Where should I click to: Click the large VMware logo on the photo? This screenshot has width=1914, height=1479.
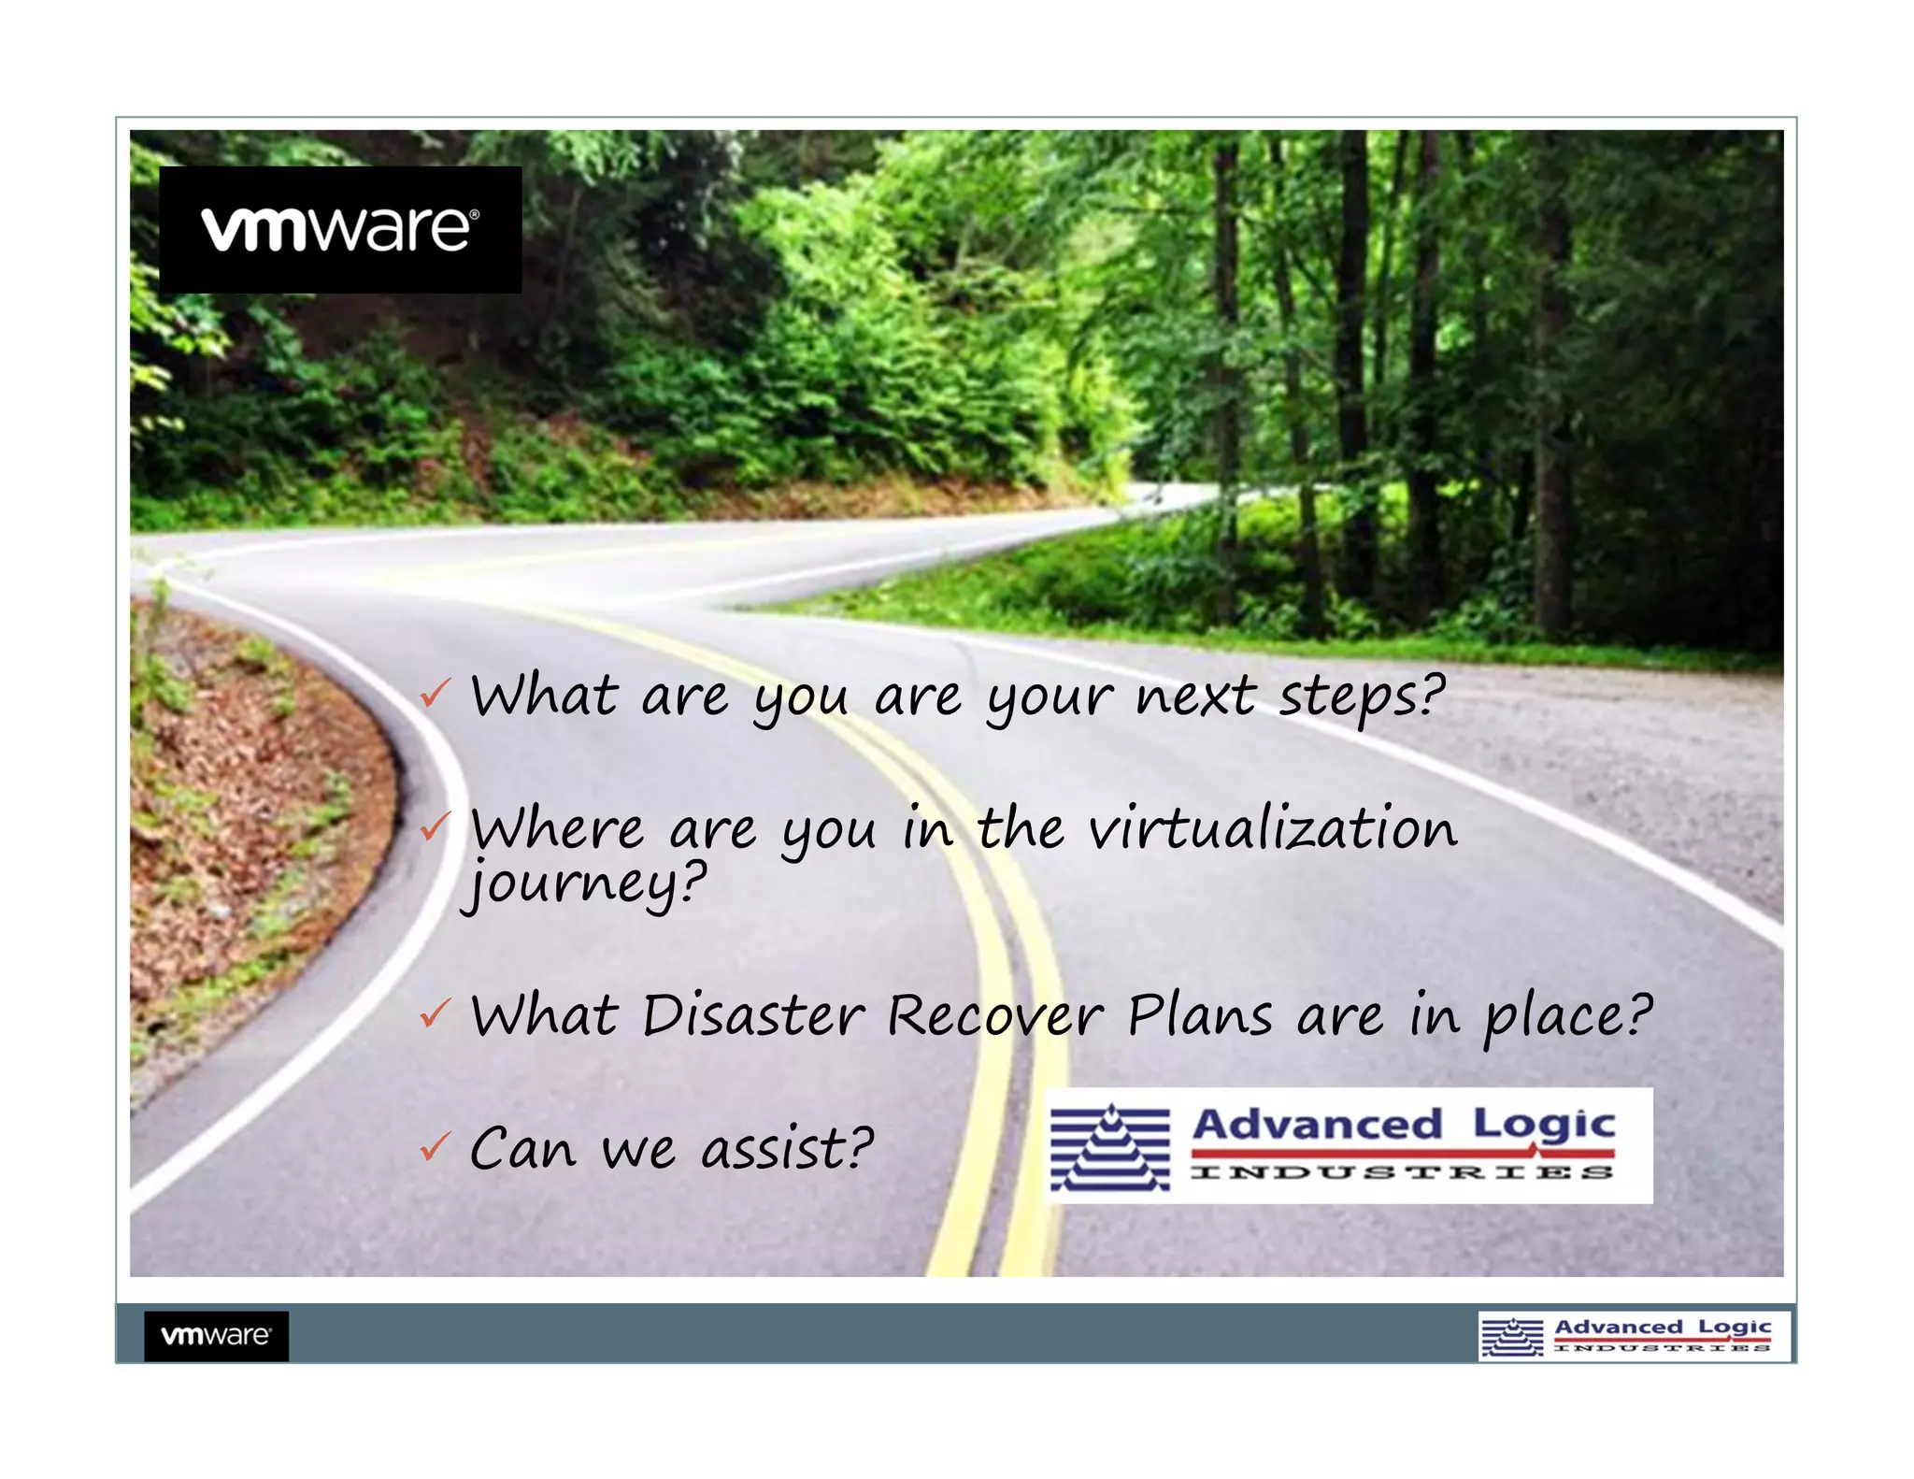340,229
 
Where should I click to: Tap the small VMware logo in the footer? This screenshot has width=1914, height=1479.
216,1335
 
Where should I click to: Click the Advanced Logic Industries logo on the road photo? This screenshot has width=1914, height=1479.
1348,1145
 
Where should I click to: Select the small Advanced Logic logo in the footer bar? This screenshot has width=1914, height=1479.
1634,1336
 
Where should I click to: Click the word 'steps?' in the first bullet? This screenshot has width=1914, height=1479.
1362,697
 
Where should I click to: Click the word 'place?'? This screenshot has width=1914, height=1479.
1568,1017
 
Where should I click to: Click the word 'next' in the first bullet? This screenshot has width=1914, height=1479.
1195,696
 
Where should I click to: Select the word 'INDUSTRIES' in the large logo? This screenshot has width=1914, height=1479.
1402,1172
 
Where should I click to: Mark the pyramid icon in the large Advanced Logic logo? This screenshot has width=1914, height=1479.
1109,1147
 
